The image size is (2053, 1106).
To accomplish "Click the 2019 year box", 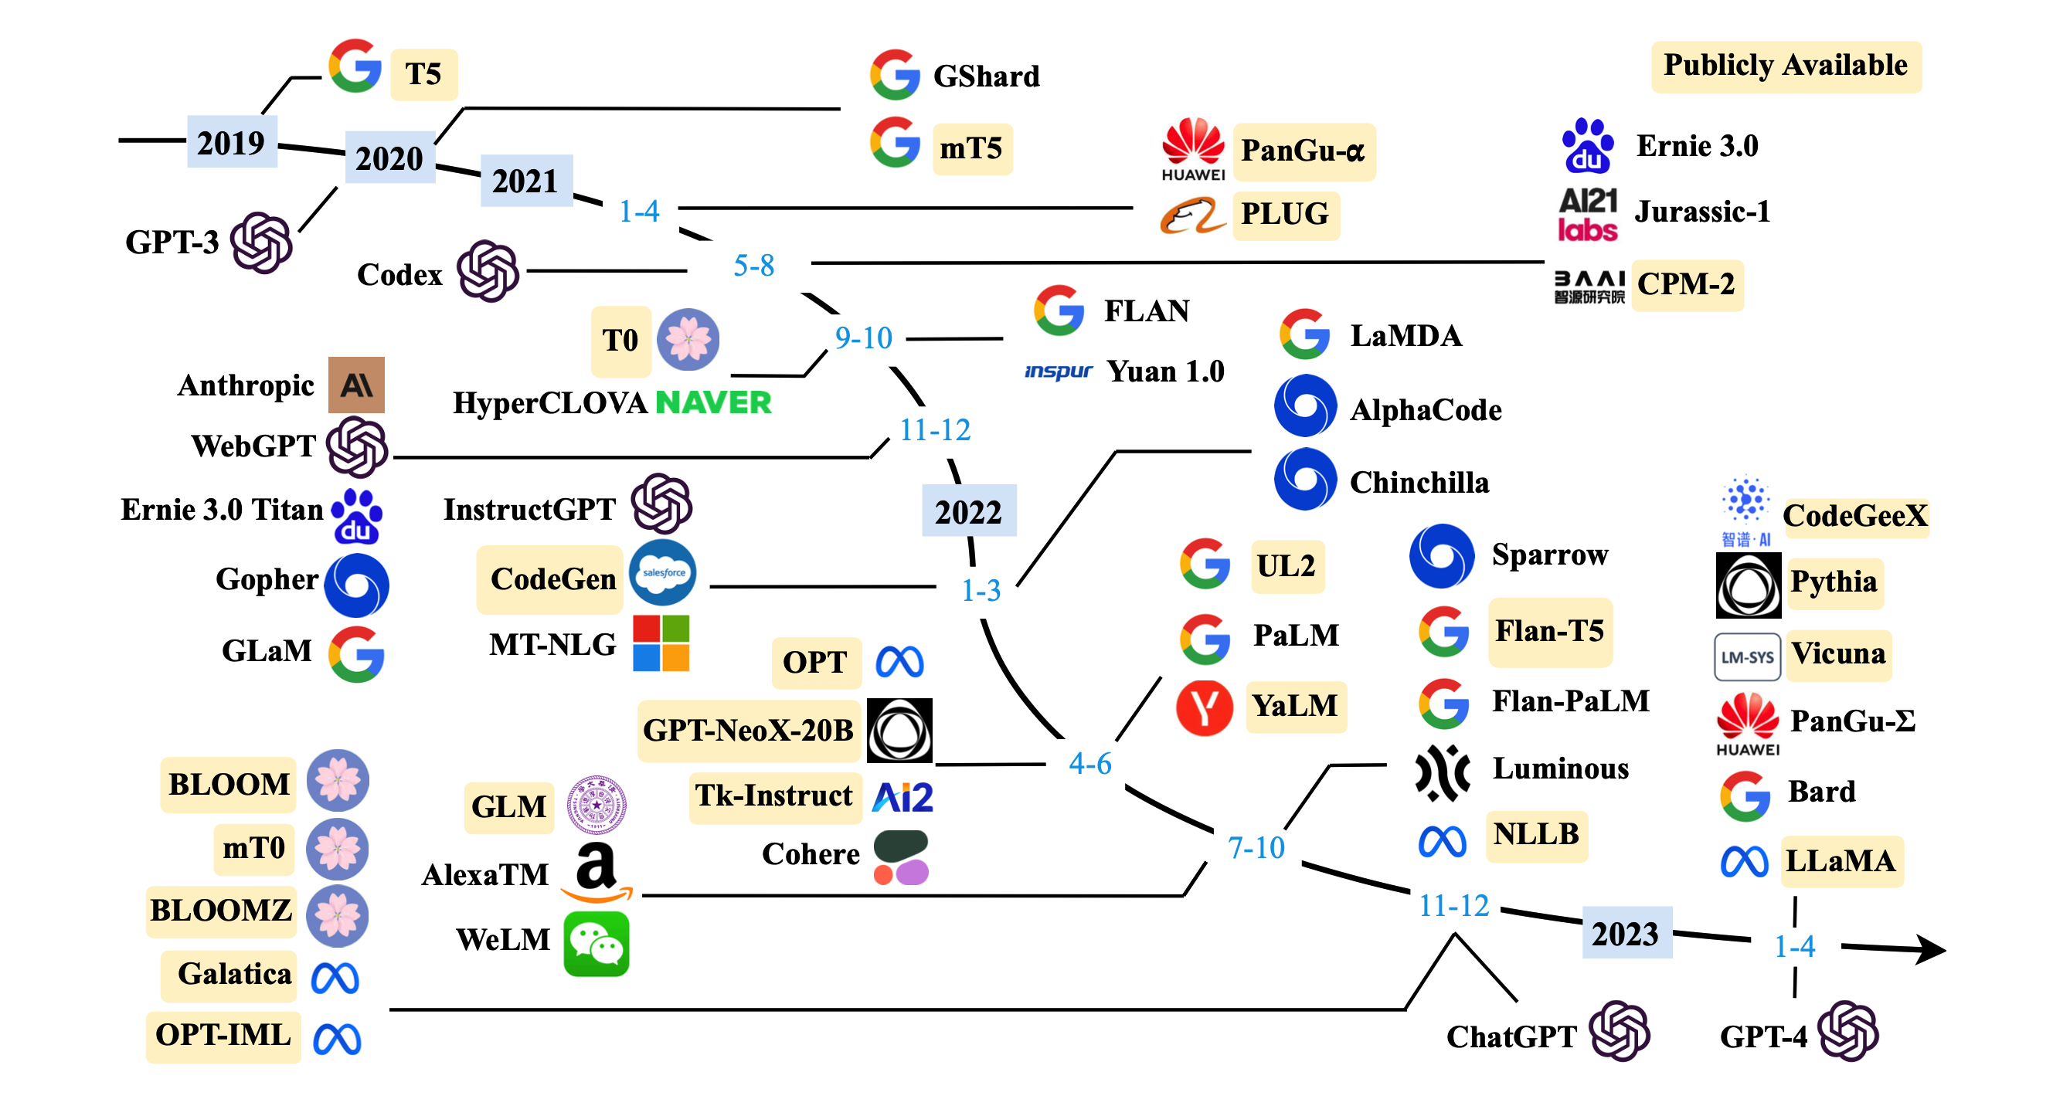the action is point(232,142).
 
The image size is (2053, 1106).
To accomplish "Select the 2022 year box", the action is point(969,511).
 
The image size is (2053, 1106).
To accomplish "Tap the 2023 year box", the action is point(1626,932).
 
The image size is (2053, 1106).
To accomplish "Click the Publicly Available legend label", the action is point(1786,66).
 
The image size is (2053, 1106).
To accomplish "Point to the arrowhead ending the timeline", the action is point(1929,949).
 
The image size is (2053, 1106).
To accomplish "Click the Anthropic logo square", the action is point(356,385).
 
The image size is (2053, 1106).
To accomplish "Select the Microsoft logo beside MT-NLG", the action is point(661,643).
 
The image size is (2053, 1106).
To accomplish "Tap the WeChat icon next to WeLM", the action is point(597,945).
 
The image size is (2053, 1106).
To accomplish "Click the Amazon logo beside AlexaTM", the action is point(597,873).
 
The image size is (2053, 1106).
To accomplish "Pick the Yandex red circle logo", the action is point(1205,707).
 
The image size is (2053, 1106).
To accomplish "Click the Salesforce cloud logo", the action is point(662,572).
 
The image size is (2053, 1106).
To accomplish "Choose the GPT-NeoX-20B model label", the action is point(749,730).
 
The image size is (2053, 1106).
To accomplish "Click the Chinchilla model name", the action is point(1419,482).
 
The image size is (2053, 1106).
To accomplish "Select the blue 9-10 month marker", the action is point(863,338).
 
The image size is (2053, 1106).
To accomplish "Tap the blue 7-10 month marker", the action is point(1256,847).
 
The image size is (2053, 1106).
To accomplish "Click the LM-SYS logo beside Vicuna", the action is point(1747,656).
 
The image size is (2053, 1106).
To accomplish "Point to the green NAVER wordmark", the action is point(713,402).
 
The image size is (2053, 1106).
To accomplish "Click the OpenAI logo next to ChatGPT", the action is point(1620,1031).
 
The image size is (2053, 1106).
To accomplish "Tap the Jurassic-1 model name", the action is point(1702,211).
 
